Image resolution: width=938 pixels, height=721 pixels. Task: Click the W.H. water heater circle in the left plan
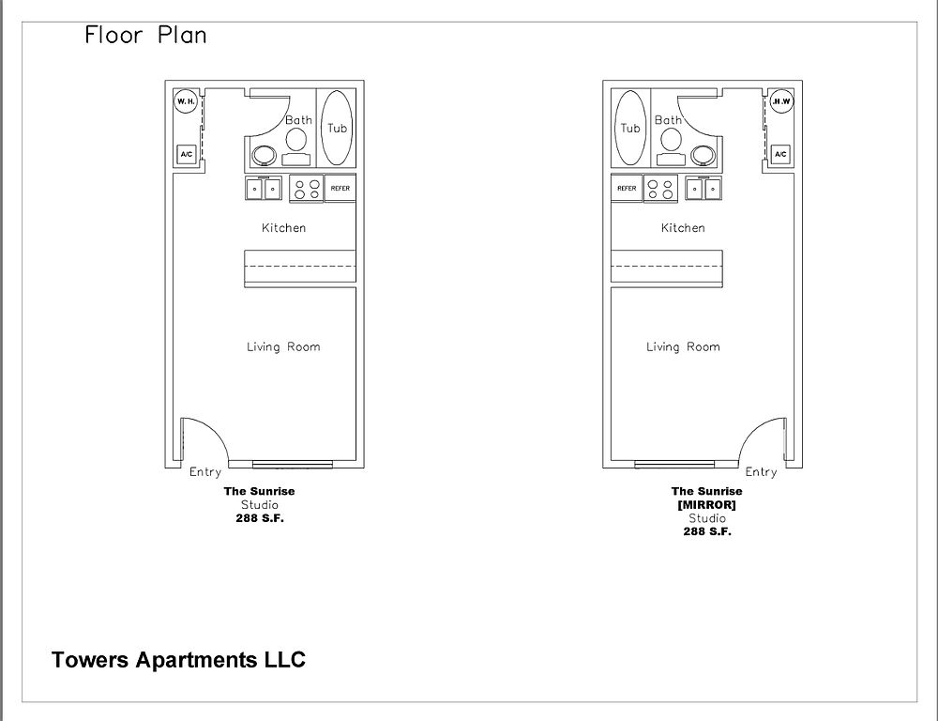coord(186,101)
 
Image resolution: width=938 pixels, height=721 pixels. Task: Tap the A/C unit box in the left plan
coord(186,155)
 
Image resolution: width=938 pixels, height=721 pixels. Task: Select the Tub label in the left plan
coord(337,128)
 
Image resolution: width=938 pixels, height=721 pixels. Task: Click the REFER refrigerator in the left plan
coord(340,188)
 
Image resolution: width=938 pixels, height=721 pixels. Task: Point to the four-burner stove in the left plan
coord(307,189)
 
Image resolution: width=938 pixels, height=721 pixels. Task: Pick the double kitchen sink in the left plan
coord(264,188)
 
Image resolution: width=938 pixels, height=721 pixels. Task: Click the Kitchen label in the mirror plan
coord(683,227)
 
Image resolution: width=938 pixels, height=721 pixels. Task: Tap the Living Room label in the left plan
coord(283,346)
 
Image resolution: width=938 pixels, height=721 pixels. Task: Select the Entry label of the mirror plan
coord(761,472)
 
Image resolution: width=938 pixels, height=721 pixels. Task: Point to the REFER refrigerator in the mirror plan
coord(627,188)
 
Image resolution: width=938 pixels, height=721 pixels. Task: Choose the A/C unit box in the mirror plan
coord(780,155)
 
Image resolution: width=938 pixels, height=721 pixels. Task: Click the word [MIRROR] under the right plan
coord(706,505)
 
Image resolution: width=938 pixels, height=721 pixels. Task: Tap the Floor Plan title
coord(146,35)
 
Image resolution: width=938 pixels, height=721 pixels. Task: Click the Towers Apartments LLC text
coord(179,659)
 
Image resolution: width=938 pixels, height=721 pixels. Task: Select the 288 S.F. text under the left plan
coord(260,518)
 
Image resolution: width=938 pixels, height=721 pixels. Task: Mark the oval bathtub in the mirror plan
coord(630,128)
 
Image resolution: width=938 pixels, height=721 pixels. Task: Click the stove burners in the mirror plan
coord(660,189)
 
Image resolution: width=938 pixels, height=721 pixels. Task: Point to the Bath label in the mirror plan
coord(668,120)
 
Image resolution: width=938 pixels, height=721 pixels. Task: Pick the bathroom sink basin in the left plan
coord(264,156)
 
